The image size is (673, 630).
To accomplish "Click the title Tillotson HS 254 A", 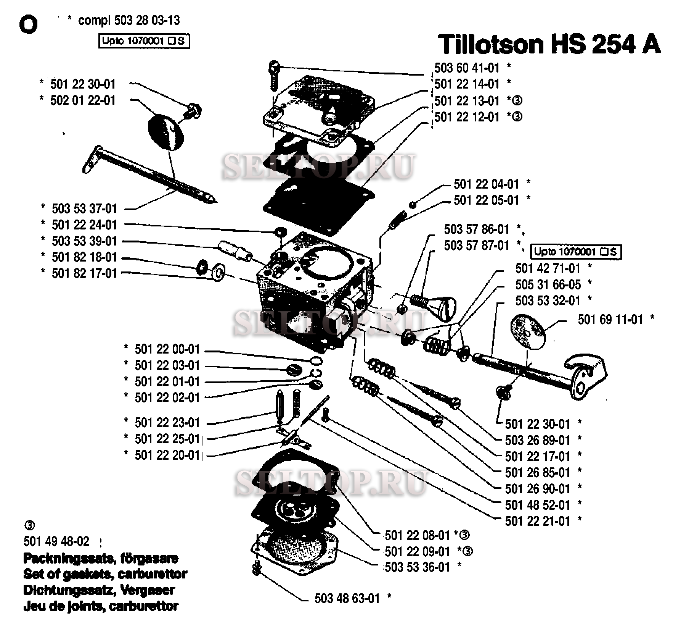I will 549,45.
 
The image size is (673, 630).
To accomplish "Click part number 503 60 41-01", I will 466,68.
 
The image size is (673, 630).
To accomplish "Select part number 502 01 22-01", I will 82,100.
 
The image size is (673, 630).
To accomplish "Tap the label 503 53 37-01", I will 84,208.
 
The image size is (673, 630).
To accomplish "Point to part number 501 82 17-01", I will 84,273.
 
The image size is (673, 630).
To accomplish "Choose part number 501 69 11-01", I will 610,319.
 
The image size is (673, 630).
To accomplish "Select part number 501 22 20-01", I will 167,455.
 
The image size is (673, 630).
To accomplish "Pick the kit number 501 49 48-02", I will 56,541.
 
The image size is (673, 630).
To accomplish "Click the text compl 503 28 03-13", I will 128,20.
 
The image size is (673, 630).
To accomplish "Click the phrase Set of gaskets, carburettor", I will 105,574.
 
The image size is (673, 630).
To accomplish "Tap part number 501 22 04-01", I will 486,184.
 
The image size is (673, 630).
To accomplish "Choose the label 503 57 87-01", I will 476,246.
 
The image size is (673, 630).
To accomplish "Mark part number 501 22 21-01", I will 537,521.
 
